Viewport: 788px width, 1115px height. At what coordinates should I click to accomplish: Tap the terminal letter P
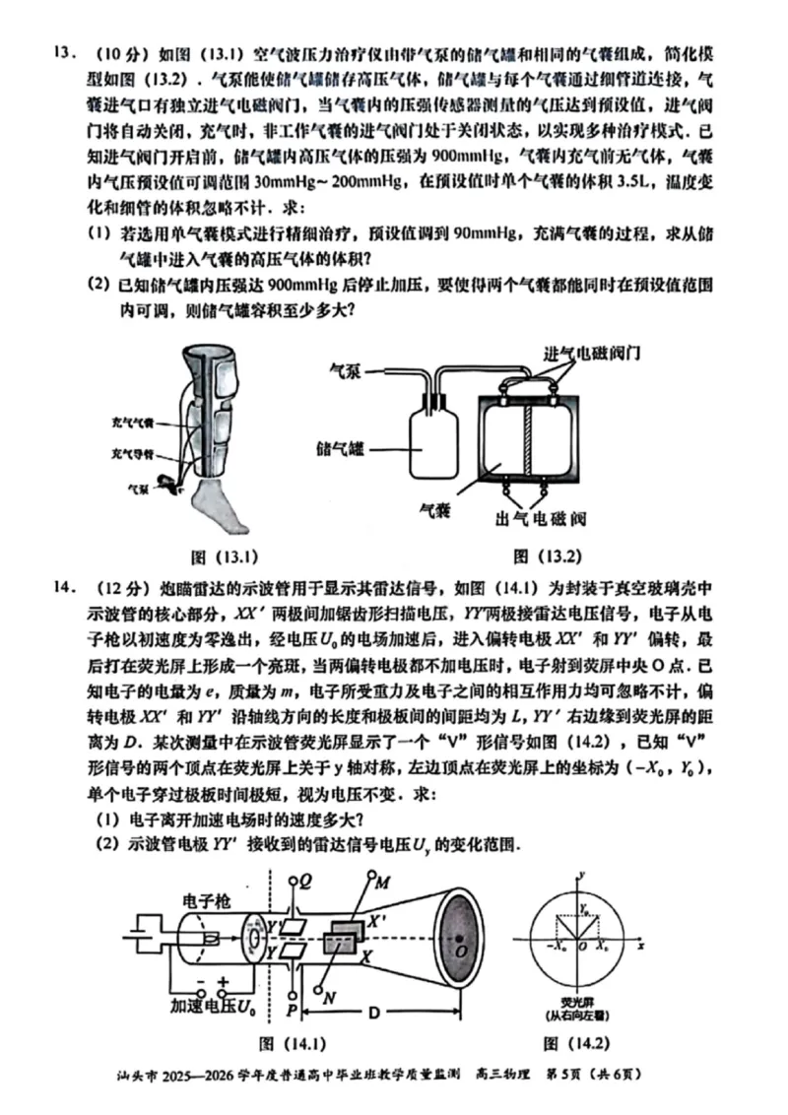coord(293,1007)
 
